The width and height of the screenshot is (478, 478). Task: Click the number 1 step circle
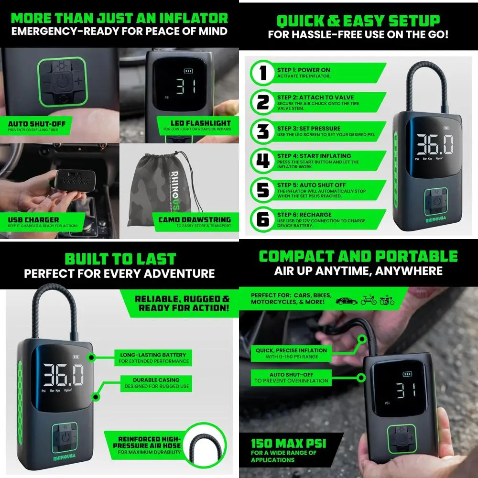tap(262, 73)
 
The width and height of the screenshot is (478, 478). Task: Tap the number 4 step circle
tap(262, 161)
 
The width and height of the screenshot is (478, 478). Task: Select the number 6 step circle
tap(262, 219)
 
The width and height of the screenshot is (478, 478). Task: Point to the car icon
tap(347, 301)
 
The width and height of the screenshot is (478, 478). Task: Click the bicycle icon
tap(367, 301)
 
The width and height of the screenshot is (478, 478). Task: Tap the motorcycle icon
tap(386, 301)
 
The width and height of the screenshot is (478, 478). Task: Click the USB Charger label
tap(33, 222)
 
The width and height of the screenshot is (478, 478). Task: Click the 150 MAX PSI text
tap(288, 443)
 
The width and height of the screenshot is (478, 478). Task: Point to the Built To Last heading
tap(120, 260)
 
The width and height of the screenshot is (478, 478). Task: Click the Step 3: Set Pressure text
tap(309, 129)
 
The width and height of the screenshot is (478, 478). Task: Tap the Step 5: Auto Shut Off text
tap(311, 185)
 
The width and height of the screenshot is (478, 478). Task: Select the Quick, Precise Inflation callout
tap(291, 353)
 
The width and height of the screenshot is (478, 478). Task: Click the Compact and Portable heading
tap(358, 256)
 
